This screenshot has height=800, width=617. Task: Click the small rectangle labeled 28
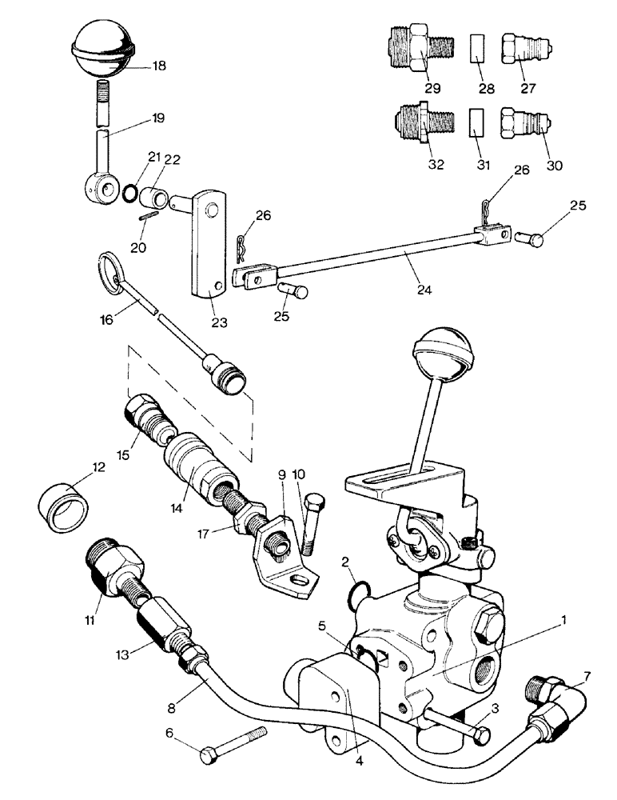point(477,50)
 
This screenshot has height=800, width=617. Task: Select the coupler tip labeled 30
point(522,128)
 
